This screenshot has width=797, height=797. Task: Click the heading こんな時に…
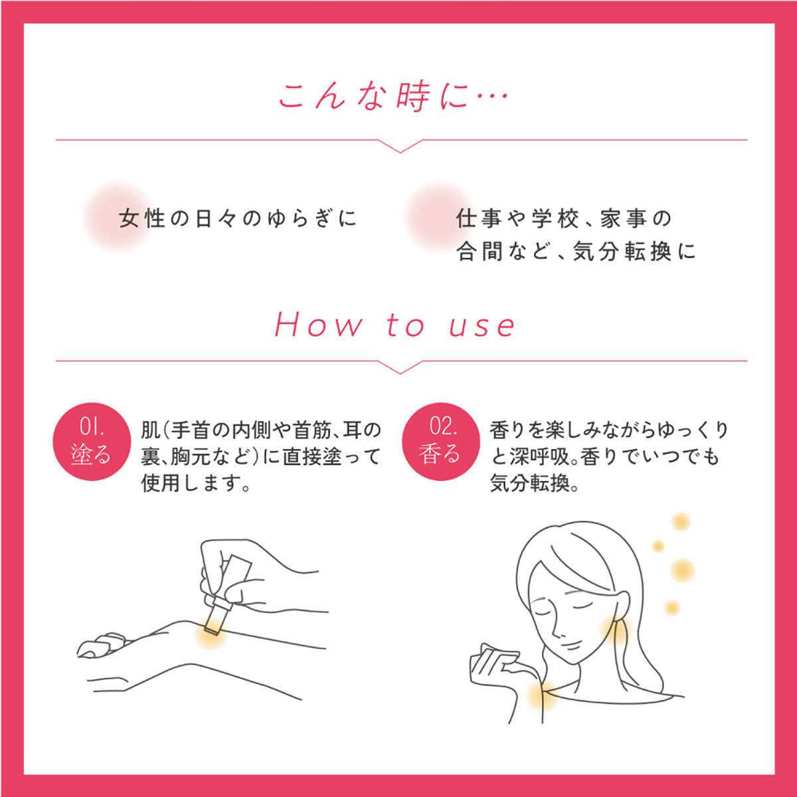pyautogui.click(x=393, y=97)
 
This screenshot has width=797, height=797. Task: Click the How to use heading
pyautogui.click(x=395, y=325)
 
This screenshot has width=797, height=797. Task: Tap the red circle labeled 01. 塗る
pyautogui.click(x=92, y=441)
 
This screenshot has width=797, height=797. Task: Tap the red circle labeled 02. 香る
pyautogui.click(x=441, y=441)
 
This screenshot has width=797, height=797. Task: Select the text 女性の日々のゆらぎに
pyautogui.click(x=238, y=219)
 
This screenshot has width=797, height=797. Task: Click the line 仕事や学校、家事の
pyautogui.click(x=564, y=219)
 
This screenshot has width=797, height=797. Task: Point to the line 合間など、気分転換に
pyautogui.click(x=576, y=252)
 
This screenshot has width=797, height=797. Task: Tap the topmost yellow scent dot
pyautogui.click(x=681, y=521)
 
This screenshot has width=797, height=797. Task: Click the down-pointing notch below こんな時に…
pyautogui.click(x=400, y=146)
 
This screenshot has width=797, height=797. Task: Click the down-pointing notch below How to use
pyautogui.click(x=400, y=368)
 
